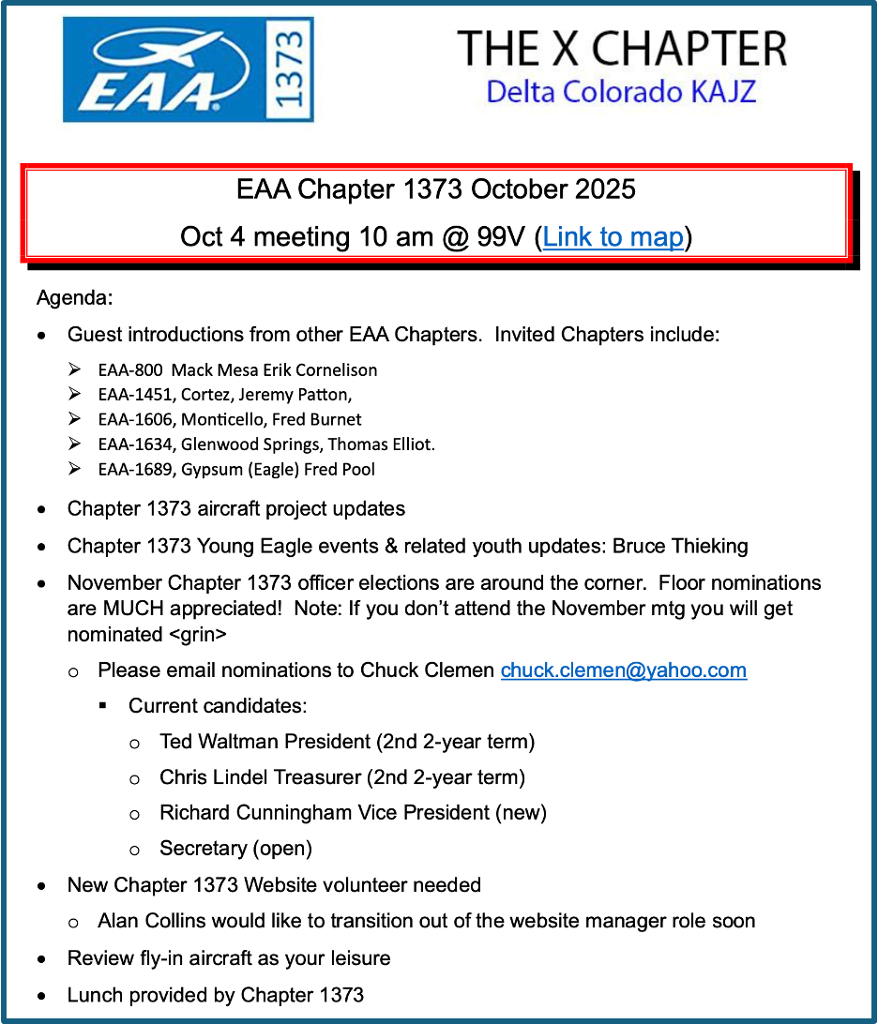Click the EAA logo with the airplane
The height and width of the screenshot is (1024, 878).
[164, 69]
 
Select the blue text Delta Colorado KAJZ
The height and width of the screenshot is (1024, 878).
[621, 92]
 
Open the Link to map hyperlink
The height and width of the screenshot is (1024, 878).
[613, 236]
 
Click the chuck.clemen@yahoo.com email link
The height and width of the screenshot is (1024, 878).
[624, 670]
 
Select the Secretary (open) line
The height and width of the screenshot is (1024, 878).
[235, 848]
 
